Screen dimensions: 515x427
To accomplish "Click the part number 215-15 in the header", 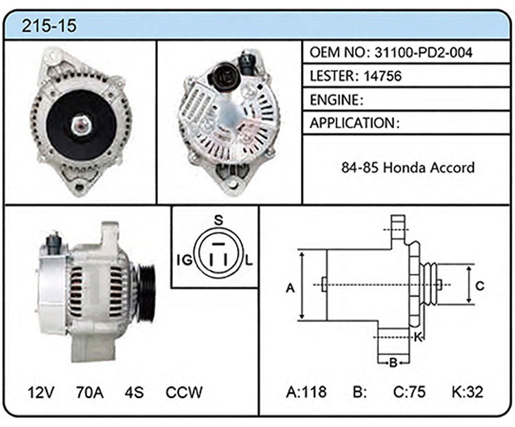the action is pos(49,25).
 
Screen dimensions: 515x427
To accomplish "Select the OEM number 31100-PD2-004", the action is pos(424,53).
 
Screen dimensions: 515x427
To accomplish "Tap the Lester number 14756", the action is pos(382,76).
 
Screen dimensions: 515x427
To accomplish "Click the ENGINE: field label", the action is pos(336,100).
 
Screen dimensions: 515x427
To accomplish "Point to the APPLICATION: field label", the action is pos(354,123).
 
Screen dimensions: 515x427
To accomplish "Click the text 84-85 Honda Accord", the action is pos(408,168).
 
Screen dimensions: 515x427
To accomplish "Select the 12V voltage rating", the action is pos(41,392).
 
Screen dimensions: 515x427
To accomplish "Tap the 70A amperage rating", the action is pos(90,392).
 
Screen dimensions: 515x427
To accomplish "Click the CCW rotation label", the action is pos(184,392).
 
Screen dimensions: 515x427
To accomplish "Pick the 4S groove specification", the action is pos(134,392).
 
